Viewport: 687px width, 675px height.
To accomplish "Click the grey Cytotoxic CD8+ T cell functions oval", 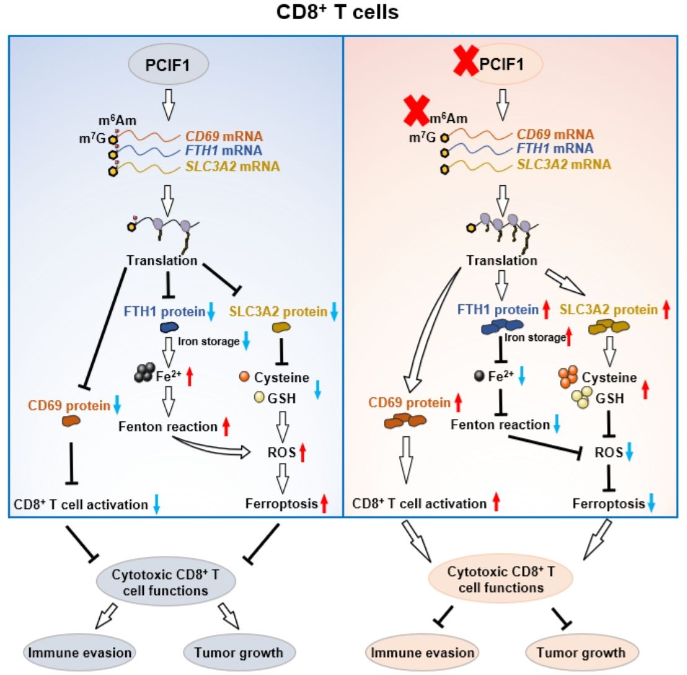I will point(166,582).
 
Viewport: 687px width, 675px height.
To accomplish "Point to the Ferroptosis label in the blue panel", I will point(282,505).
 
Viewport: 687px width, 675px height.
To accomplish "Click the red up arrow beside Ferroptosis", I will point(324,505).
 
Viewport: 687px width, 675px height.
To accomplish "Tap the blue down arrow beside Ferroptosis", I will point(650,505).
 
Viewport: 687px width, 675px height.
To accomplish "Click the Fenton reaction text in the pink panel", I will point(500,425).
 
